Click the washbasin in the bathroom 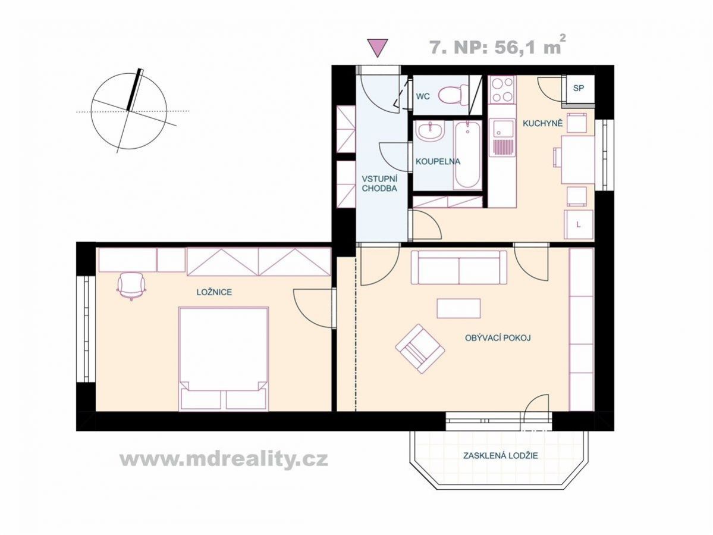pyautogui.click(x=430, y=132)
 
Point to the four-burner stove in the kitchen pyautogui.click(x=502, y=90)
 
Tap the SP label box pyautogui.click(x=579, y=88)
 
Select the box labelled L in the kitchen pyautogui.click(x=579, y=224)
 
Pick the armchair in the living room pyautogui.click(x=420, y=349)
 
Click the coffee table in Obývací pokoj pyautogui.click(x=458, y=308)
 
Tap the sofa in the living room pyautogui.click(x=458, y=268)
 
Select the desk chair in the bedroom pyautogui.click(x=132, y=286)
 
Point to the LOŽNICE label pyautogui.click(x=214, y=292)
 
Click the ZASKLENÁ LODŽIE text pyautogui.click(x=500, y=455)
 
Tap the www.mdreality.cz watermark pyautogui.click(x=224, y=459)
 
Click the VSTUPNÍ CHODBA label pyautogui.click(x=379, y=183)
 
